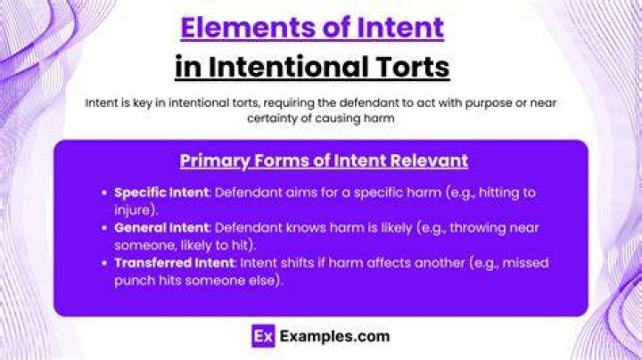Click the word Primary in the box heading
(215, 160)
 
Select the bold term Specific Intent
(161, 192)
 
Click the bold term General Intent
(161, 227)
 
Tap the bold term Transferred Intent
(175, 263)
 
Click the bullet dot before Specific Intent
(104, 192)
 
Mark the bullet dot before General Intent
(104, 228)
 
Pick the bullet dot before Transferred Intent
(104, 263)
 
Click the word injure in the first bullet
(132, 210)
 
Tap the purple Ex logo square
(263, 336)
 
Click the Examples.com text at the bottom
(334, 336)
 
